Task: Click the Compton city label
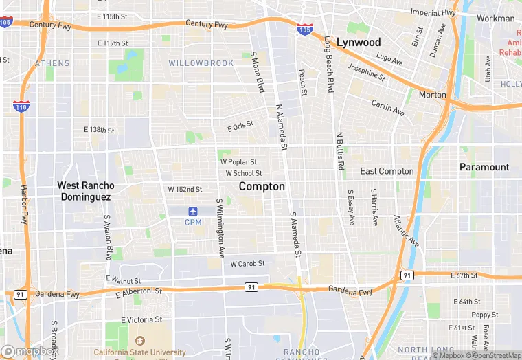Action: coord(262,186)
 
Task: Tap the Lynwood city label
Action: coord(358,42)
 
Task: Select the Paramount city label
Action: coord(484,167)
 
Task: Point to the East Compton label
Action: coord(387,171)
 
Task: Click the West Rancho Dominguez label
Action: coord(84,191)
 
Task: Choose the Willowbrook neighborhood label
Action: coord(201,63)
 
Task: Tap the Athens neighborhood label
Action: coord(52,63)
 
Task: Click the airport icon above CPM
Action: coord(193,210)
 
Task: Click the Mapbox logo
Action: coord(30,352)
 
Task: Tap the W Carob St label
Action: coord(247,263)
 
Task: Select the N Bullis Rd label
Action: coord(339,151)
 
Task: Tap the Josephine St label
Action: coord(366,71)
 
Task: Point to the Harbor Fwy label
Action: coord(24,204)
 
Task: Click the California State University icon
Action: coord(140,341)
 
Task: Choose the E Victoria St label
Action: coord(141,319)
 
